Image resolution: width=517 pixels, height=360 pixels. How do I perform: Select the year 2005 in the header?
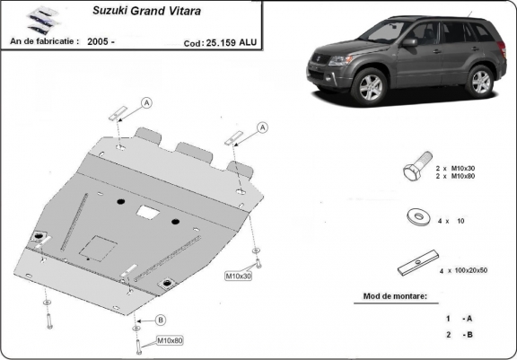click(x=101, y=41)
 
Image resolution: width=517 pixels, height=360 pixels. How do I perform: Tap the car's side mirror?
click(x=409, y=42)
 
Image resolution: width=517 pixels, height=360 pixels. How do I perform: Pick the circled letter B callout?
click(x=161, y=320)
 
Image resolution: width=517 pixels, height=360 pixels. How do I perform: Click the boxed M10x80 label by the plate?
click(x=170, y=340)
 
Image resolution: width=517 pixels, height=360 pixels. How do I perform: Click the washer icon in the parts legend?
click(x=416, y=216)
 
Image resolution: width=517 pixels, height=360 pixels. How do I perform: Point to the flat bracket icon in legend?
click(x=416, y=267)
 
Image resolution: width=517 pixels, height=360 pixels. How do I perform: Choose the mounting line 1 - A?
click(x=458, y=319)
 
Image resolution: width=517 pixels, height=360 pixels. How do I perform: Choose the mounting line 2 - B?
click(x=458, y=335)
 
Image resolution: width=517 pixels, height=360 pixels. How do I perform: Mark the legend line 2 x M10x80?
click(x=461, y=177)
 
